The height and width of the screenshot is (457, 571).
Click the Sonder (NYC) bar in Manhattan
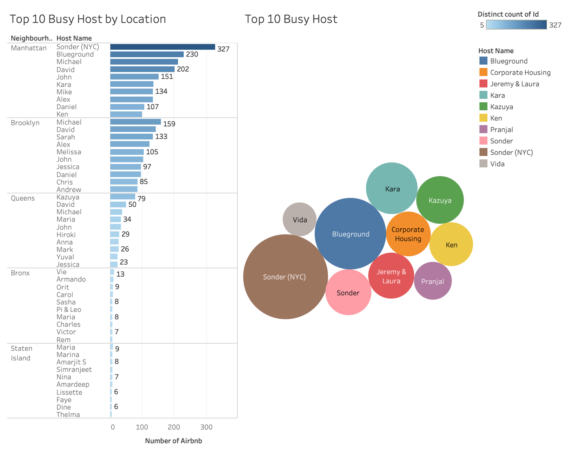point(162,47)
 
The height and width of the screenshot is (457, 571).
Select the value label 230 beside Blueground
point(192,54)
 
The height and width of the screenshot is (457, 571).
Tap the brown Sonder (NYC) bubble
point(285,277)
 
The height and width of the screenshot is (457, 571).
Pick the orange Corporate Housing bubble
point(408,234)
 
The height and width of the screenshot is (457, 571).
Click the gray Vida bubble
point(300,219)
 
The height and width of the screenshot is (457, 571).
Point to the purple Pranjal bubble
point(433,281)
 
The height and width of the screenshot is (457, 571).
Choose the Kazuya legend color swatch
point(483,106)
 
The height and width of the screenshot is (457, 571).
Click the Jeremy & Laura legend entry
point(514,84)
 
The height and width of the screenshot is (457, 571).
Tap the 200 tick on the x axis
point(174,427)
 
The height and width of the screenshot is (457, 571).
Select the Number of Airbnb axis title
point(173,441)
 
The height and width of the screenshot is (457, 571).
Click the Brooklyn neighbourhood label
point(25,123)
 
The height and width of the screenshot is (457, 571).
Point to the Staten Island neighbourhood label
point(21,353)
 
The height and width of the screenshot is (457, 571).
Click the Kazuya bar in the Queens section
point(123,197)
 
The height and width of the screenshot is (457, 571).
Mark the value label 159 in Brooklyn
point(169,124)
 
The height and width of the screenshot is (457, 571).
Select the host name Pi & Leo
point(69,310)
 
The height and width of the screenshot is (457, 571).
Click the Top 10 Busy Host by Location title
point(88,19)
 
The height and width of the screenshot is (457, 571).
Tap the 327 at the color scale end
point(555,25)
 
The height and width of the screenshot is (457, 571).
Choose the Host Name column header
point(74,38)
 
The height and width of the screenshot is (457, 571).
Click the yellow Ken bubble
point(451,245)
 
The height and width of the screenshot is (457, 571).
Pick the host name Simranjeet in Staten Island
point(74,369)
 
